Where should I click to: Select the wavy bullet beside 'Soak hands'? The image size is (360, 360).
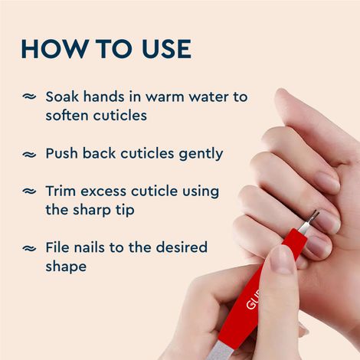click(x=29, y=97)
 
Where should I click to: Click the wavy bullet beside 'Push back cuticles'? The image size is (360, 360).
click(x=29, y=154)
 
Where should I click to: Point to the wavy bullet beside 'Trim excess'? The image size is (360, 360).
click(x=29, y=191)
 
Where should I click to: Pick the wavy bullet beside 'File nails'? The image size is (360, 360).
click(x=29, y=248)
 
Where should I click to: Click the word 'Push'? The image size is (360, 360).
click(x=63, y=153)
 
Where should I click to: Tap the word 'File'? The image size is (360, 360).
click(x=58, y=248)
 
